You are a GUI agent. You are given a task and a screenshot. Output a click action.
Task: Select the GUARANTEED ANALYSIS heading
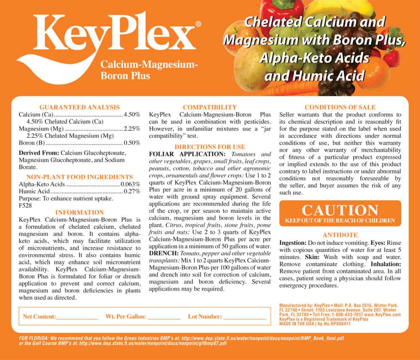[79, 107]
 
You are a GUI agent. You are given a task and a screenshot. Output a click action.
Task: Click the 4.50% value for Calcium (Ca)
[131, 114]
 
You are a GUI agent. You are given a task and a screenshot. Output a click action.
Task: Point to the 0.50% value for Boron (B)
[131, 143]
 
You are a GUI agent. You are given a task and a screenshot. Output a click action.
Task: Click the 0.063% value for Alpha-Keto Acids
[130, 184]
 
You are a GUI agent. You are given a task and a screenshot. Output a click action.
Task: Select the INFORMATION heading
[79, 212]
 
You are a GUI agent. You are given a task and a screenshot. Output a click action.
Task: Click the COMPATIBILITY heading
[210, 107]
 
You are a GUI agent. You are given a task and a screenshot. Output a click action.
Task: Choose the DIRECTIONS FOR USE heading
[210, 147]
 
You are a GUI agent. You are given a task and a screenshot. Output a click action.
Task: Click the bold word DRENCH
[163, 253]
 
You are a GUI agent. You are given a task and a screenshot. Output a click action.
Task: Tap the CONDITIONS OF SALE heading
[340, 107]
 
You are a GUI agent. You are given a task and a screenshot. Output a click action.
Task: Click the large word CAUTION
[340, 210]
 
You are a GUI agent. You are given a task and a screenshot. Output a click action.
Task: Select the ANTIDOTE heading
[340, 235]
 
